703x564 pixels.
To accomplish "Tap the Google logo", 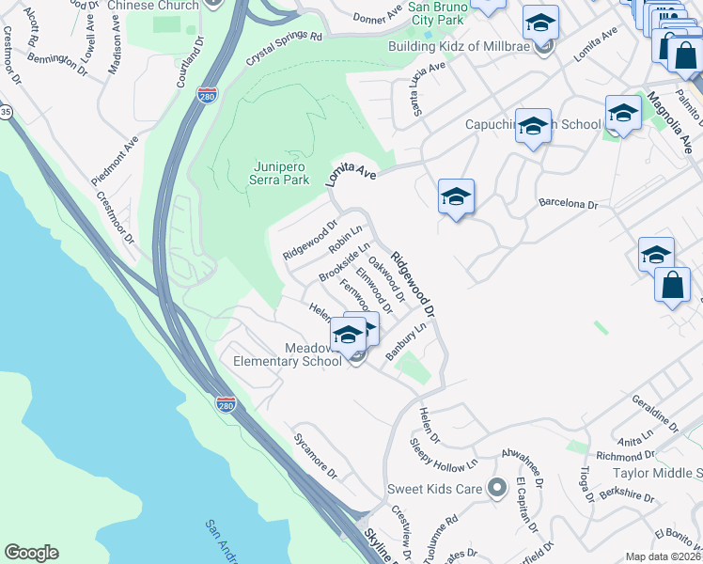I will pyautogui.click(x=31, y=553).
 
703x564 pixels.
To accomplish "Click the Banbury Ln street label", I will pyautogui.click(x=406, y=341).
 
